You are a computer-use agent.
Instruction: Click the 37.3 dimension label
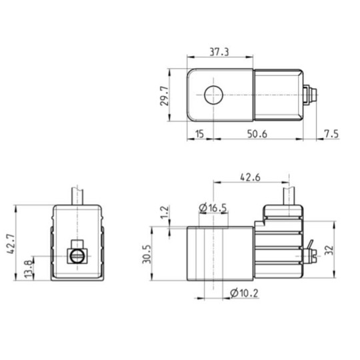pyautogui.click(x=219, y=52)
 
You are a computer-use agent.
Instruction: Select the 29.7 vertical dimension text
pyautogui.click(x=165, y=95)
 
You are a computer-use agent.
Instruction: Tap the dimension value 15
pyautogui.click(x=199, y=133)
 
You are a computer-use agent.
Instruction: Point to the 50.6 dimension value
pyautogui.click(x=257, y=133)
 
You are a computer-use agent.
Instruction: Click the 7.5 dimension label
pyautogui.click(x=331, y=133)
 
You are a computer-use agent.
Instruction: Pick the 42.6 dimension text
pyautogui.click(x=250, y=177)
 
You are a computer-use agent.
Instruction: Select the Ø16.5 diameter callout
pyautogui.click(x=213, y=208)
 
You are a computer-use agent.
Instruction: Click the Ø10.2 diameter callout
pyautogui.click(x=244, y=293)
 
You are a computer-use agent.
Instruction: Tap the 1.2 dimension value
pyautogui.click(x=165, y=213)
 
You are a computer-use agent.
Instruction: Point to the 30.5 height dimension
pyautogui.click(x=147, y=254)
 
